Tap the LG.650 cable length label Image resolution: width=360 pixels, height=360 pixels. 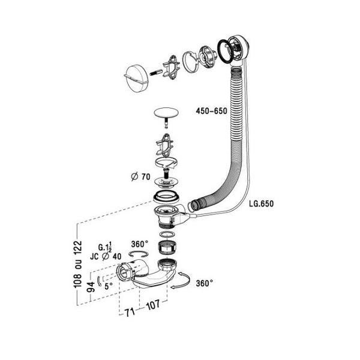tap(260, 203)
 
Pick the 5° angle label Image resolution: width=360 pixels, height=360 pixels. tap(107, 286)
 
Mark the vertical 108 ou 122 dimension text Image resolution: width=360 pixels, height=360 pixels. tap(76, 265)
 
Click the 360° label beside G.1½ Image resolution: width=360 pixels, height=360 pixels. tap(139, 244)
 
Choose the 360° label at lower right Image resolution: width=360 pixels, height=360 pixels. tap(204, 283)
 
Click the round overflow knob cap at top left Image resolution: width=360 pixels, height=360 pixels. tap(137, 76)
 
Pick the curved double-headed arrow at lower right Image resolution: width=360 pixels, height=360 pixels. tap(183, 281)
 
